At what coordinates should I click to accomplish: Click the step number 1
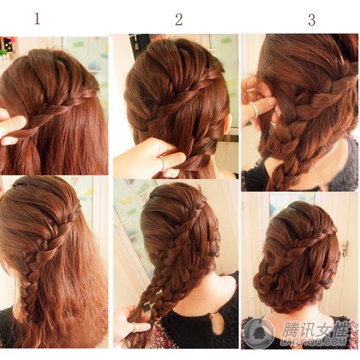pos(37,18)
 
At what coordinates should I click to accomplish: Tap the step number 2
pos(179,20)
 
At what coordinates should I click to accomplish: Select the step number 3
pos(312,20)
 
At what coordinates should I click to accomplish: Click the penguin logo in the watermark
pos(259,333)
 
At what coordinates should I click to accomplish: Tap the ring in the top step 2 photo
pos(162,162)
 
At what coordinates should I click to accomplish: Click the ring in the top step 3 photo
pos(255,109)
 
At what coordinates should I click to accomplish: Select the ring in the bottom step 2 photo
pos(135,327)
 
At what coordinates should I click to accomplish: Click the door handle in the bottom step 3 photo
pos(345,248)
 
